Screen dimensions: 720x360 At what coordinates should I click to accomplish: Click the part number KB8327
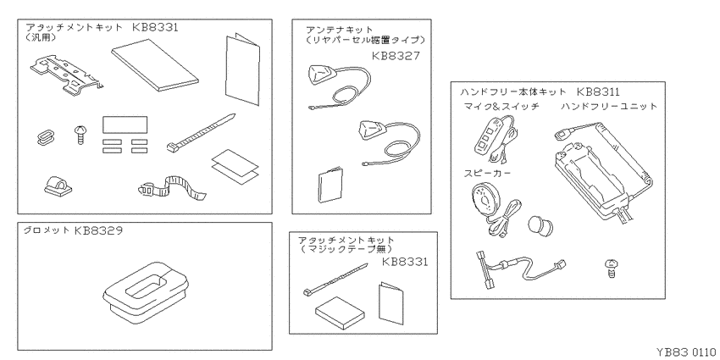coord(396,56)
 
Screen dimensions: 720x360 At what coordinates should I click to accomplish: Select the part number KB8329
coord(99,230)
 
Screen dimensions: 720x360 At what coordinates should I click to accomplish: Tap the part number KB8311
coord(598,91)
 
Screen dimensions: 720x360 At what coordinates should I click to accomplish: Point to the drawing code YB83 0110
coord(685,352)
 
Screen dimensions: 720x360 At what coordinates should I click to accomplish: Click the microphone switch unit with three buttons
coord(488,139)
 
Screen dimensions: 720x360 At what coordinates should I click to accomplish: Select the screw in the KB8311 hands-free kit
coord(610,267)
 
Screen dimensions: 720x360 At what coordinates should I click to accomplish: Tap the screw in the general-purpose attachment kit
coord(80,135)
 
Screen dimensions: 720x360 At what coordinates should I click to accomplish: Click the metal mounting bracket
coord(68,75)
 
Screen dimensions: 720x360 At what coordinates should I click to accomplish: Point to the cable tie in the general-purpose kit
coord(201,133)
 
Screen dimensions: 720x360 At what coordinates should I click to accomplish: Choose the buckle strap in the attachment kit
coord(172,188)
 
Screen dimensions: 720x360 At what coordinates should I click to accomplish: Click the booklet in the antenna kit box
coord(330,184)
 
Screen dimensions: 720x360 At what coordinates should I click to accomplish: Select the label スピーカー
coord(487,174)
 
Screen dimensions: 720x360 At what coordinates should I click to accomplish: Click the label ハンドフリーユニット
coord(609,106)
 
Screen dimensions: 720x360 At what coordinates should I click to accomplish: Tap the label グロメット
coord(47,230)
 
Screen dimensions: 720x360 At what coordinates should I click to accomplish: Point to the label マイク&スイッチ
coord(501,106)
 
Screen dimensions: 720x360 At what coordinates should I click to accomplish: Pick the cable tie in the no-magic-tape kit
coord(335,280)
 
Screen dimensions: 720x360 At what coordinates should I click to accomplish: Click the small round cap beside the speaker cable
coord(540,226)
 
